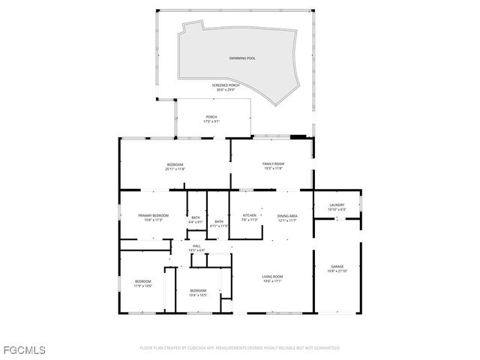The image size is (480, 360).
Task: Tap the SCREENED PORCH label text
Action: tap(226, 86)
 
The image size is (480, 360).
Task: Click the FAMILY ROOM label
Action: tap(273, 164)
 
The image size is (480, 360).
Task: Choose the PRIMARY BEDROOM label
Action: tap(153, 216)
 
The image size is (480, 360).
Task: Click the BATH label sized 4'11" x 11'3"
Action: tap(219, 222)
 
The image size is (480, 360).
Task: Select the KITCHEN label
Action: tap(250, 216)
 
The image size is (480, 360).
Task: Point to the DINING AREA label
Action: tap(288, 216)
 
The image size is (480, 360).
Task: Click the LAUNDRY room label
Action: tap(337, 205)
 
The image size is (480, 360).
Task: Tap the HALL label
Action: tap(196, 246)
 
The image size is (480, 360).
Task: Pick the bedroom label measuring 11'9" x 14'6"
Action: tap(142, 283)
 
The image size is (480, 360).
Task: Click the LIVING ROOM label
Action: tap(272, 277)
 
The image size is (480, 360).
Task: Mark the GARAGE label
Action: tap(337, 267)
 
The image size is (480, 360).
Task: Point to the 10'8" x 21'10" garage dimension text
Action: tap(337, 271)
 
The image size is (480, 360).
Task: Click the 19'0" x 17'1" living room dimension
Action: tap(272, 281)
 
